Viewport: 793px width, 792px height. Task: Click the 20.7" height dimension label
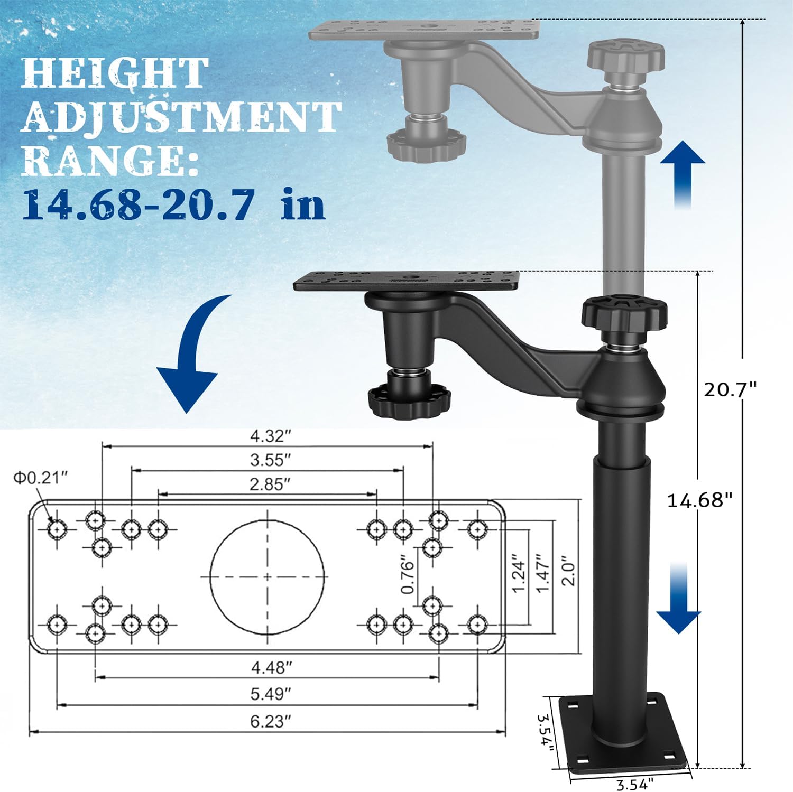pos(730,390)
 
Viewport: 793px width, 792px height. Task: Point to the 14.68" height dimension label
pos(699,499)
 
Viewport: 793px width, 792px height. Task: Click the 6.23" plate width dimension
pos(271,721)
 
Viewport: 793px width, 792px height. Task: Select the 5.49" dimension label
pos(271,693)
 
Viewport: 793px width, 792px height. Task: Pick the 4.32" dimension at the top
pos(270,436)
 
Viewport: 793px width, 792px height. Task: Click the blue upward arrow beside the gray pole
pos(683,174)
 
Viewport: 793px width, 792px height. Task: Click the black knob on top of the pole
pos(624,313)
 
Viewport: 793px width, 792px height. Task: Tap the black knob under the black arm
pos(410,399)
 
